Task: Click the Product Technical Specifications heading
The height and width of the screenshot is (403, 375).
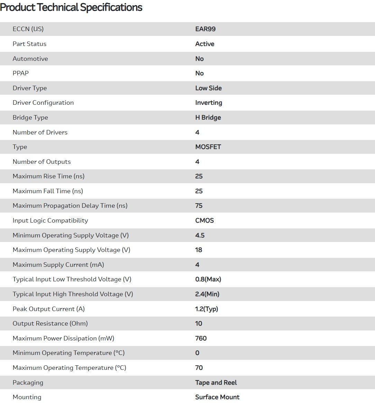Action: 71,7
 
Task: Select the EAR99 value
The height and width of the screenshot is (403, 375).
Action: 205,29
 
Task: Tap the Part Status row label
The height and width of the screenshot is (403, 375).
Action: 29,44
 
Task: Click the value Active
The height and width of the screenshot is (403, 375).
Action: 205,44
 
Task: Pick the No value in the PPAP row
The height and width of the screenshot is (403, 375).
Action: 199,73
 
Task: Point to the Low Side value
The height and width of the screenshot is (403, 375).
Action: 208,88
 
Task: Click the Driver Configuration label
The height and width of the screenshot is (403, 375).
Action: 43,103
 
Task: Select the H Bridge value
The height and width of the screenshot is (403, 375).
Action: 208,118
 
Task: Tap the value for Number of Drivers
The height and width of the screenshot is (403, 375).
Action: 197,132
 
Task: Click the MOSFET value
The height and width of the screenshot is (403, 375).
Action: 208,147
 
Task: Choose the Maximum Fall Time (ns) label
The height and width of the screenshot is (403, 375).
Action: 48,191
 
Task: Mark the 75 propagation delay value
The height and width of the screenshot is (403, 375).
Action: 199,206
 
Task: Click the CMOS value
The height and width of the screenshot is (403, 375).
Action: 205,221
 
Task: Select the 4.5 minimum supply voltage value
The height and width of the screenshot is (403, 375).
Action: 200,235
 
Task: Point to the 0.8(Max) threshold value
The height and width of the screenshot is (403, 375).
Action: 208,279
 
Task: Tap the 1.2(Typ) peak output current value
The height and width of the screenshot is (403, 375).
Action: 207,309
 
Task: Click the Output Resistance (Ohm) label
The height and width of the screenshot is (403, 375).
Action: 50,324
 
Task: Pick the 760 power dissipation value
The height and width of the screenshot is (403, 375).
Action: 201,338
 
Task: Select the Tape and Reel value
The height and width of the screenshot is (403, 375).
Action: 216,383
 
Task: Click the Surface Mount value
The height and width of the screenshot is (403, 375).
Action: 217,397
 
